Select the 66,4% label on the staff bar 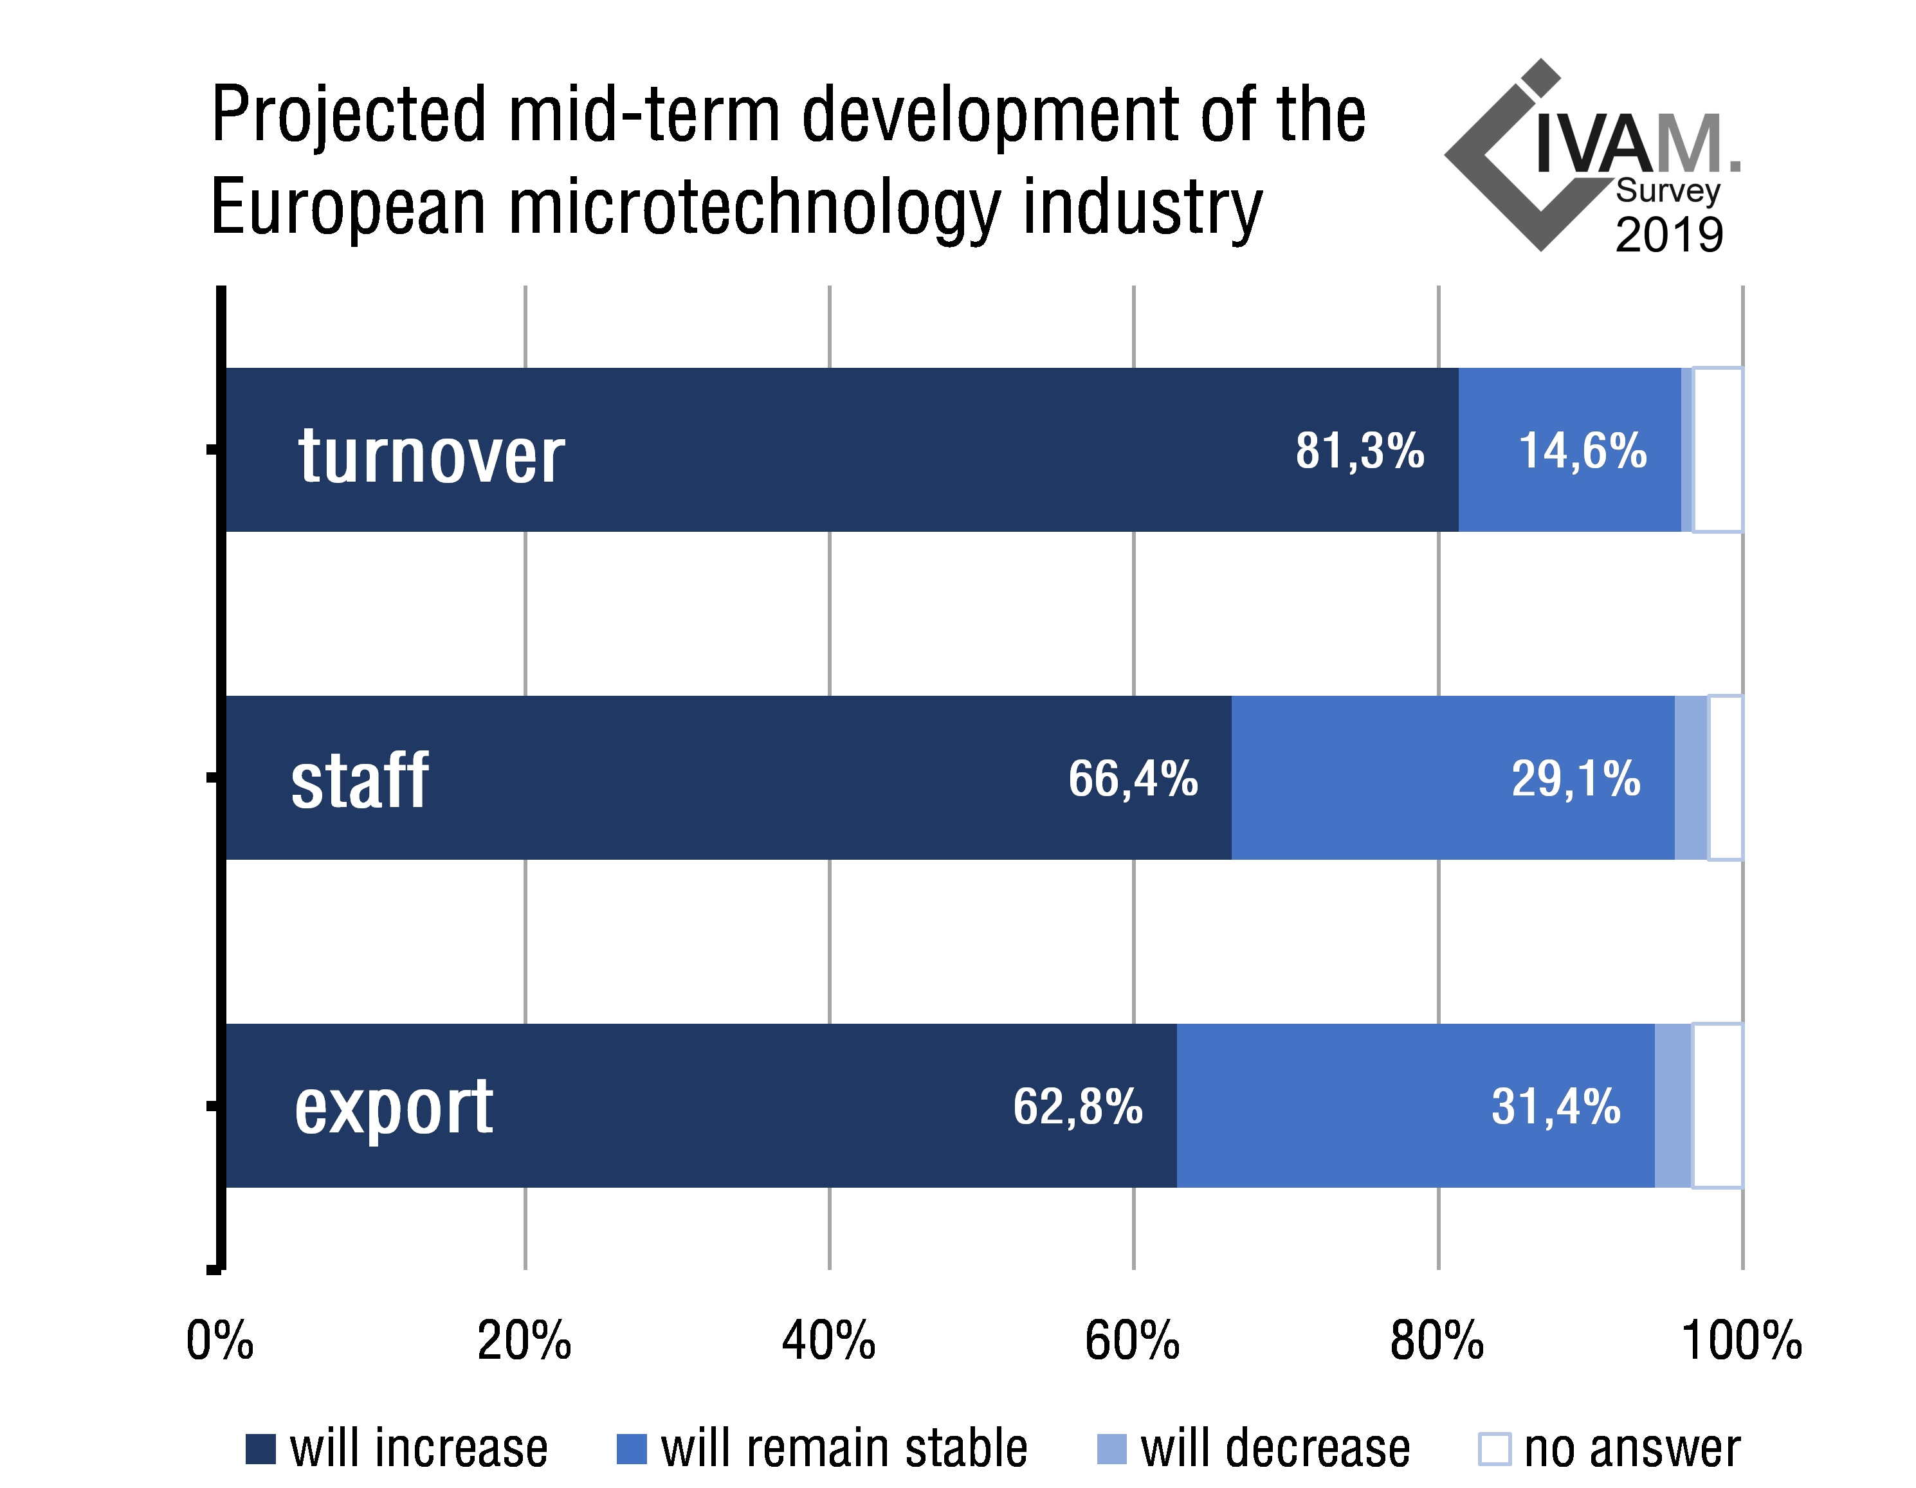click(1133, 778)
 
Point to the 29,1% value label click(1576, 778)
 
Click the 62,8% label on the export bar click(1077, 1106)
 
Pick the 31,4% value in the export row click(1555, 1106)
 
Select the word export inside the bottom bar click(393, 1109)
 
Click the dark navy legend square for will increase click(260, 1449)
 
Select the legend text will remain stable click(844, 1449)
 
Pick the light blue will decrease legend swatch click(1111, 1449)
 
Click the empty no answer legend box click(1495, 1449)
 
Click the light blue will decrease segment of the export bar click(1673, 1105)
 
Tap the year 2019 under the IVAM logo click(1668, 235)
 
